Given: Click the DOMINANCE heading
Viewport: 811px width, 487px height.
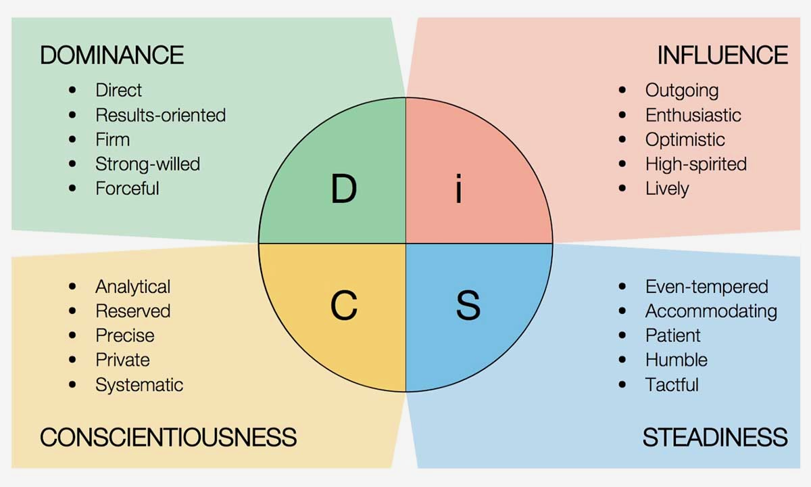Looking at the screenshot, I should [x=112, y=55].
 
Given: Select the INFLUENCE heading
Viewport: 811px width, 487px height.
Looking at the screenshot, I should [x=722, y=55].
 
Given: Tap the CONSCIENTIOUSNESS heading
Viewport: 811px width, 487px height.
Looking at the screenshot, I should [x=168, y=437].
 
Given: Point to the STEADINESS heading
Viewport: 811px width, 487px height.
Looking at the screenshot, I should [x=715, y=437].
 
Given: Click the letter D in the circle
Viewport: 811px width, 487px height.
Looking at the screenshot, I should [x=343, y=189].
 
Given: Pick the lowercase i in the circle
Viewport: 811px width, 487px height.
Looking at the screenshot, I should [x=460, y=189].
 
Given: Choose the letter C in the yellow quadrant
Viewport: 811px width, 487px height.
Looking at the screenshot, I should [x=343, y=306].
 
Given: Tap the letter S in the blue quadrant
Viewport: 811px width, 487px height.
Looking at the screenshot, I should [x=468, y=306].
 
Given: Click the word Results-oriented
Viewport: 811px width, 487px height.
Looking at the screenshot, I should [x=160, y=115].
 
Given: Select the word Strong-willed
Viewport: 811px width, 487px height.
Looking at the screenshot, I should [x=147, y=164].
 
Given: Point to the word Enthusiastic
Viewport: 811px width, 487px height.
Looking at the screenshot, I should [x=693, y=115].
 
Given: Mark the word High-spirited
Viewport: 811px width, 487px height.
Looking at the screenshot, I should [x=695, y=164].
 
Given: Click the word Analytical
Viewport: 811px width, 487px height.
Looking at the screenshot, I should [x=132, y=287].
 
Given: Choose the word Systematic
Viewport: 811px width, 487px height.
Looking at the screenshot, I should [x=139, y=385].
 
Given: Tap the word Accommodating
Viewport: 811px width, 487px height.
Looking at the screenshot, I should [x=711, y=311].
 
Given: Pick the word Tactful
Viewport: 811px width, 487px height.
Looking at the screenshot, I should [x=672, y=385].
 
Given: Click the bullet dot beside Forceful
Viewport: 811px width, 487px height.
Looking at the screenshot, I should [x=73, y=188].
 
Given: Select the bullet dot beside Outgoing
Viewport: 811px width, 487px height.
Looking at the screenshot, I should [x=622, y=90].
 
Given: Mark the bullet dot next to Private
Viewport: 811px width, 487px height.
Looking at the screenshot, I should [x=73, y=360].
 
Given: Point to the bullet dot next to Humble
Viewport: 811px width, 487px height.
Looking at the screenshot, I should [x=622, y=360].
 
